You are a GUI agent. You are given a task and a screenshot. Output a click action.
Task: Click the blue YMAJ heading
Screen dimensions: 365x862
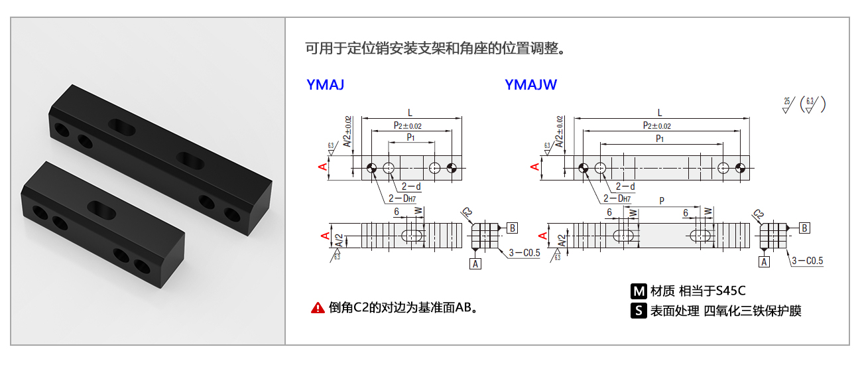coord(325,85)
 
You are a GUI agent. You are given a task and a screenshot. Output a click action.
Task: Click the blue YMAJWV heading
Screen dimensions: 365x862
coord(530,85)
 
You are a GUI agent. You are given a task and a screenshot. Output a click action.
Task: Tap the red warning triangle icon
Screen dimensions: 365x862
coord(318,308)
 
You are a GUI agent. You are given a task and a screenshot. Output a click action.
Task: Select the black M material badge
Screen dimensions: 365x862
coord(639,291)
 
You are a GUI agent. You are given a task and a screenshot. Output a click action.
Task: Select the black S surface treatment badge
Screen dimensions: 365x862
coord(639,311)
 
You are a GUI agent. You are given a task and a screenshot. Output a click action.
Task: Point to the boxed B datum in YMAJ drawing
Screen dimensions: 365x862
coord(513,228)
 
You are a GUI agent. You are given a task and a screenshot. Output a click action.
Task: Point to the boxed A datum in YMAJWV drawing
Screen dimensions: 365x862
coord(765,262)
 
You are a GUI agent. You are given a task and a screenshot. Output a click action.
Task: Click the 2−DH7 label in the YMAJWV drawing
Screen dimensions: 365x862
coord(617,198)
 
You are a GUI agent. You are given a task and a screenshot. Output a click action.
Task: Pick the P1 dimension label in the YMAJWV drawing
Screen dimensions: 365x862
coord(660,138)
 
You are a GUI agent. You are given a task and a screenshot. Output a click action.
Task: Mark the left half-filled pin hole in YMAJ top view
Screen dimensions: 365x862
coord(372,168)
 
